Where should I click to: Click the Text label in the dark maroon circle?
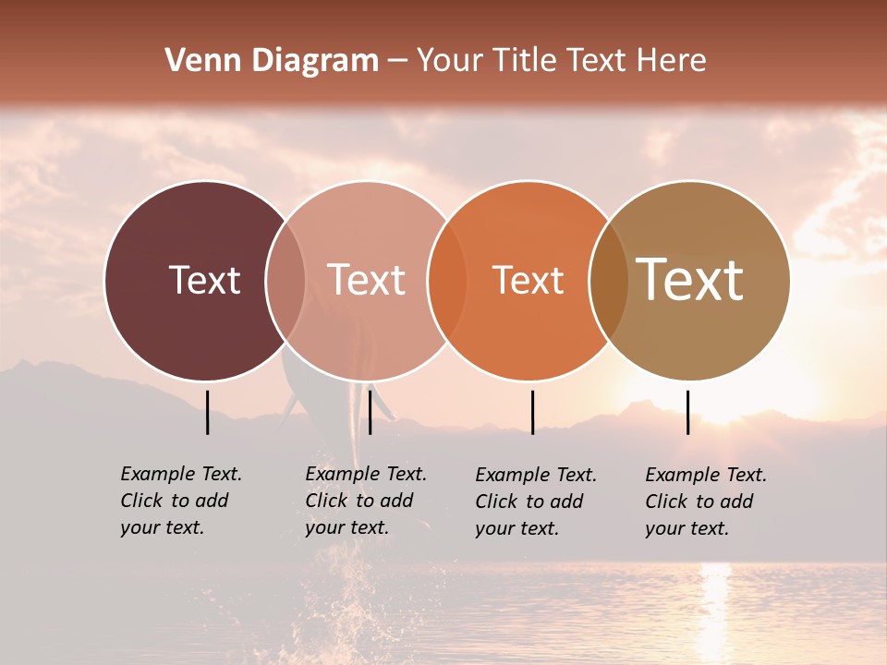tap(204, 280)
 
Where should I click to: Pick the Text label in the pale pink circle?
tap(366, 280)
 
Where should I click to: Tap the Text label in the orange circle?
tap(528, 281)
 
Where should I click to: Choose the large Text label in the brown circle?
tap(689, 280)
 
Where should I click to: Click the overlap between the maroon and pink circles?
tap(286, 280)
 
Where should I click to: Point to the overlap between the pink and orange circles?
tap(446, 280)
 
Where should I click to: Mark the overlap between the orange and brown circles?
tap(608, 280)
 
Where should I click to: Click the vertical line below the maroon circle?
tap(208, 412)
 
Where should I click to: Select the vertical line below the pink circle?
tap(370, 412)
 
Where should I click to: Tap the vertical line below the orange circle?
tap(532, 412)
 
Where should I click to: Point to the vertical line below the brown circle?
tap(687, 412)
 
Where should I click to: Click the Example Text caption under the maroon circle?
tap(180, 501)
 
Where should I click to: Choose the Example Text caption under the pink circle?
tap(365, 501)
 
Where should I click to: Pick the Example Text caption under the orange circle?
tap(535, 502)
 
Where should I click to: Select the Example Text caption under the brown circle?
tap(705, 502)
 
